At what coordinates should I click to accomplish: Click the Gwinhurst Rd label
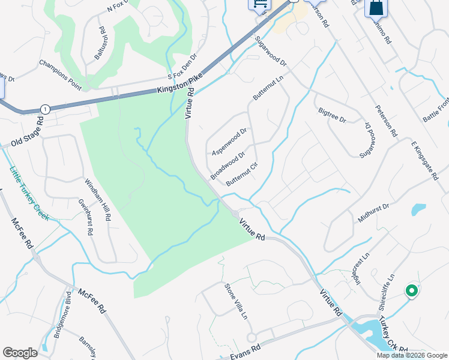[86, 217]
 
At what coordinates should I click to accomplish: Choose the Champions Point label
[60, 74]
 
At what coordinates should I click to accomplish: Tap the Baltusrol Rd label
[100, 43]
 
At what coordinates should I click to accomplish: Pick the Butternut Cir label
[242, 175]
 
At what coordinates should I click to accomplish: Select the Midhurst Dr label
[373, 213]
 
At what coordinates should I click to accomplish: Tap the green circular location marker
[412, 291]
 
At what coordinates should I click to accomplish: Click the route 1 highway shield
[44, 109]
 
